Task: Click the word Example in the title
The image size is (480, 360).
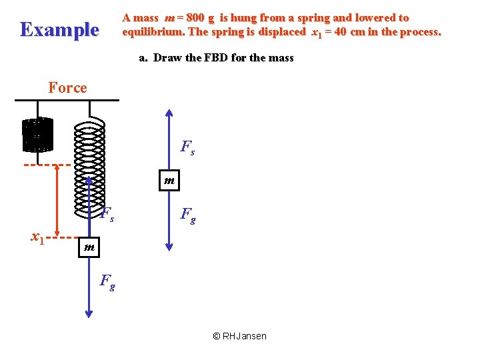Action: click(59, 29)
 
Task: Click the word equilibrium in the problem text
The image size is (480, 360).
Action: click(153, 31)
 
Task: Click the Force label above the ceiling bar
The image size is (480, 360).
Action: click(67, 87)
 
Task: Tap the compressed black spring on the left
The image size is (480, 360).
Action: click(37, 135)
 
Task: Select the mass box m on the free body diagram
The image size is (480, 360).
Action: click(169, 180)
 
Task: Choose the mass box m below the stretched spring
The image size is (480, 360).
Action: click(89, 247)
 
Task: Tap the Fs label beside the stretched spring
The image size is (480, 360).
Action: click(107, 215)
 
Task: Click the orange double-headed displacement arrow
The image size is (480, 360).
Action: click(56, 200)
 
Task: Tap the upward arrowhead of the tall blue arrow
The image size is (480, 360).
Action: click(169, 113)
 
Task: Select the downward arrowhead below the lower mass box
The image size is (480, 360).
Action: click(89, 313)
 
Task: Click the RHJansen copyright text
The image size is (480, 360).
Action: click(239, 336)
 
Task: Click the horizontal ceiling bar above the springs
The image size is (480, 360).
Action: click(67, 101)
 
